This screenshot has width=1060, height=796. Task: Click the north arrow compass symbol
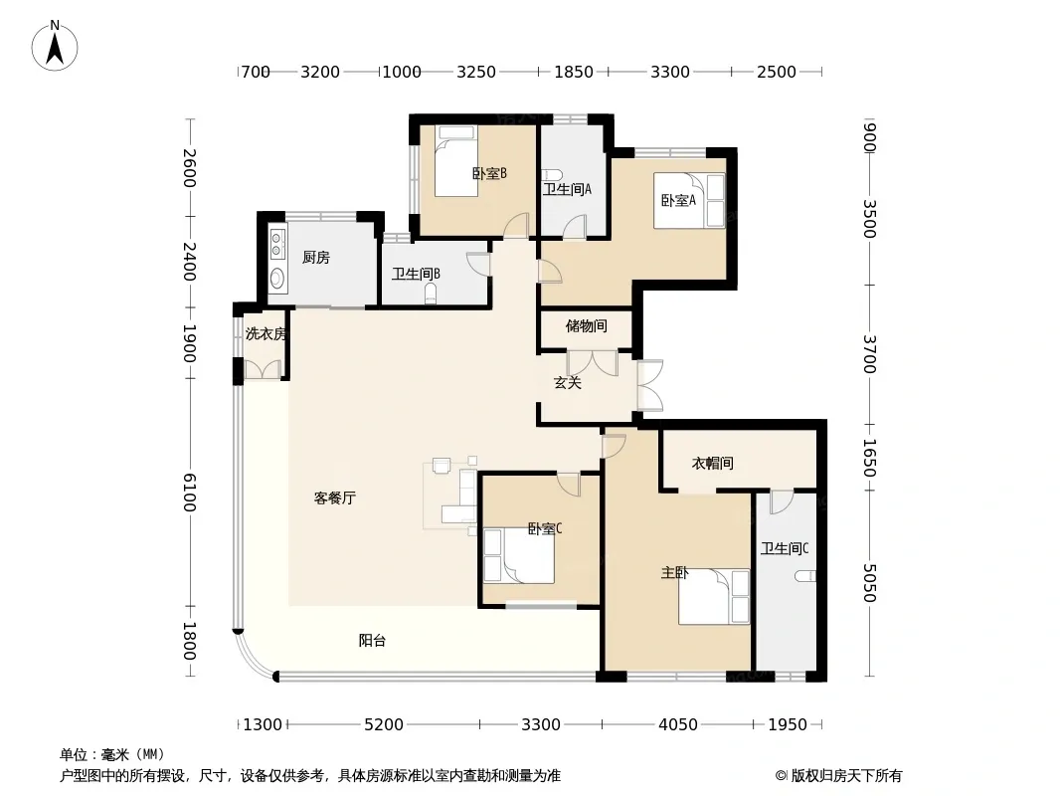pyautogui.click(x=55, y=46)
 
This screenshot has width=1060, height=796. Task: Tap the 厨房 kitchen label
pyautogui.click(x=315, y=258)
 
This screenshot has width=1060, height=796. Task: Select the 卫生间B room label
pyautogui.click(x=416, y=274)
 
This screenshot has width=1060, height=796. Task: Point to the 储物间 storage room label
pyautogui.click(x=586, y=326)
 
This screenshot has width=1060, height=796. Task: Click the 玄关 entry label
pyautogui.click(x=567, y=383)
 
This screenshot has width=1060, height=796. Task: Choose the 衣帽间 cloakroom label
pyautogui.click(x=713, y=464)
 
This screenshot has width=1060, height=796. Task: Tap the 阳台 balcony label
pyautogui.click(x=372, y=641)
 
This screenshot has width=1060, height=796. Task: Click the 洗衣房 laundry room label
pyautogui.click(x=265, y=333)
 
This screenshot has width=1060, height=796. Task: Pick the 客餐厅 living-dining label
pyautogui.click(x=335, y=498)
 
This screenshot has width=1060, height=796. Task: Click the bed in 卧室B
pyautogui.click(x=456, y=161)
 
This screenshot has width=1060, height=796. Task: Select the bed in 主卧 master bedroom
pyautogui.click(x=714, y=596)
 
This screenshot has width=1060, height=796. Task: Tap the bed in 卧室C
pyautogui.click(x=519, y=556)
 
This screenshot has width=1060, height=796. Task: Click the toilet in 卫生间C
pyautogui.click(x=805, y=576)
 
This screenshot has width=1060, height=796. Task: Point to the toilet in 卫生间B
pyautogui.click(x=431, y=295)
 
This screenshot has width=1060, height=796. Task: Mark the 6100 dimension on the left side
pyautogui.click(x=189, y=493)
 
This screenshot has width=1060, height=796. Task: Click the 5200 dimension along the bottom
pyautogui.click(x=383, y=724)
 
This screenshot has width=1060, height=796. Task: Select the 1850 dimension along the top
pyautogui.click(x=574, y=72)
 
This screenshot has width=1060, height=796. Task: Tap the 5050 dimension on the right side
pyautogui.click(x=869, y=583)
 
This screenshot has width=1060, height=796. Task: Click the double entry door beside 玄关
pyautogui.click(x=649, y=385)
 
